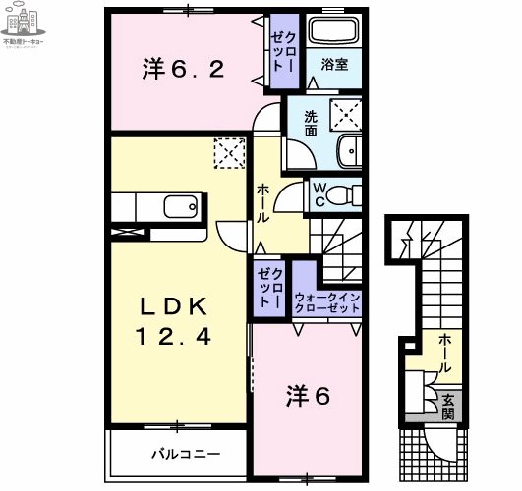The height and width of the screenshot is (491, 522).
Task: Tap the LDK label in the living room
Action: pyautogui.click(x=182, y=304)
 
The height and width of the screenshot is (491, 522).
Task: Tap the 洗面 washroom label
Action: pyautogui.click(x=310, y=122)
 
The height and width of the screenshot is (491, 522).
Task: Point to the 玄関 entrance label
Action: pyautogui.click(x=447, y=407)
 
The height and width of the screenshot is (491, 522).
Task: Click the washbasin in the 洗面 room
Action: pyautogui.click(x=348, y=152)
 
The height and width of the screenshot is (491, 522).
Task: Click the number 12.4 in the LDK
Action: pyautogui.click(x=188, y=336)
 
